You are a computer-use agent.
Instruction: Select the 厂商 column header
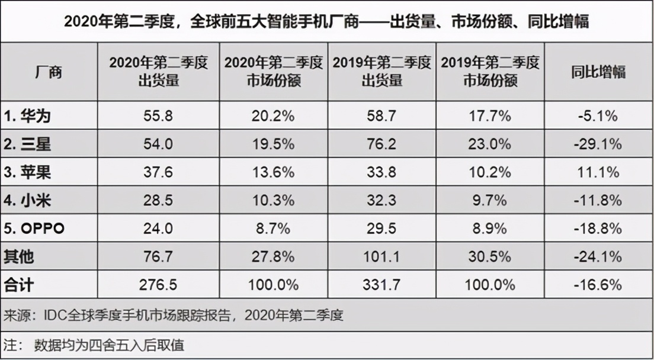tap(47, 72)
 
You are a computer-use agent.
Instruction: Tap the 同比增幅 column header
tap(598, 72)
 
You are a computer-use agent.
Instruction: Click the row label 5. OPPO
tap(34, 229)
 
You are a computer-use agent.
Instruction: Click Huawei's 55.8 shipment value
tap(158, 116)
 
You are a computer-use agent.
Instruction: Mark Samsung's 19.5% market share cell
tap(273, 144)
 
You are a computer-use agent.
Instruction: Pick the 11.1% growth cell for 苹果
tap(598, 172)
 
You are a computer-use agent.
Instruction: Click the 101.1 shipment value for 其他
tap(381, 257)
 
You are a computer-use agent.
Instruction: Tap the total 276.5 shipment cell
tap(158, 285)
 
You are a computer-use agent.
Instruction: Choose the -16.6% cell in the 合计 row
tap(598, 285)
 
